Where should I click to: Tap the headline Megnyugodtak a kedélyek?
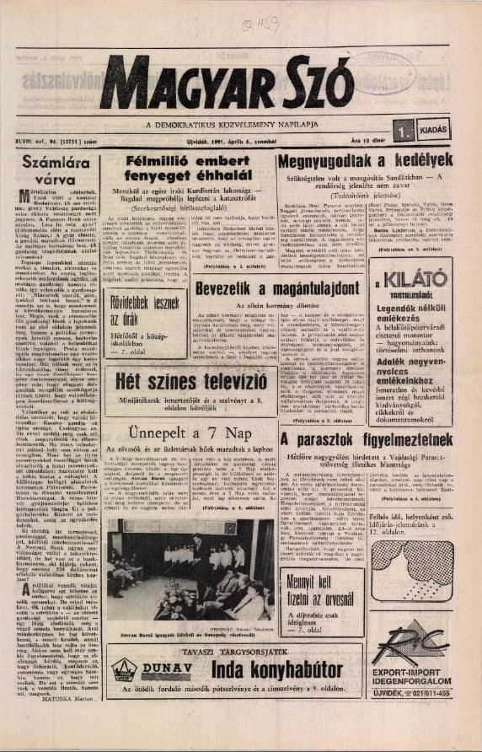pyautogui.click(x=365, y=159)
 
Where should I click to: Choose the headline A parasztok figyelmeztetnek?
pyautogui.click(x=366, y=440)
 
